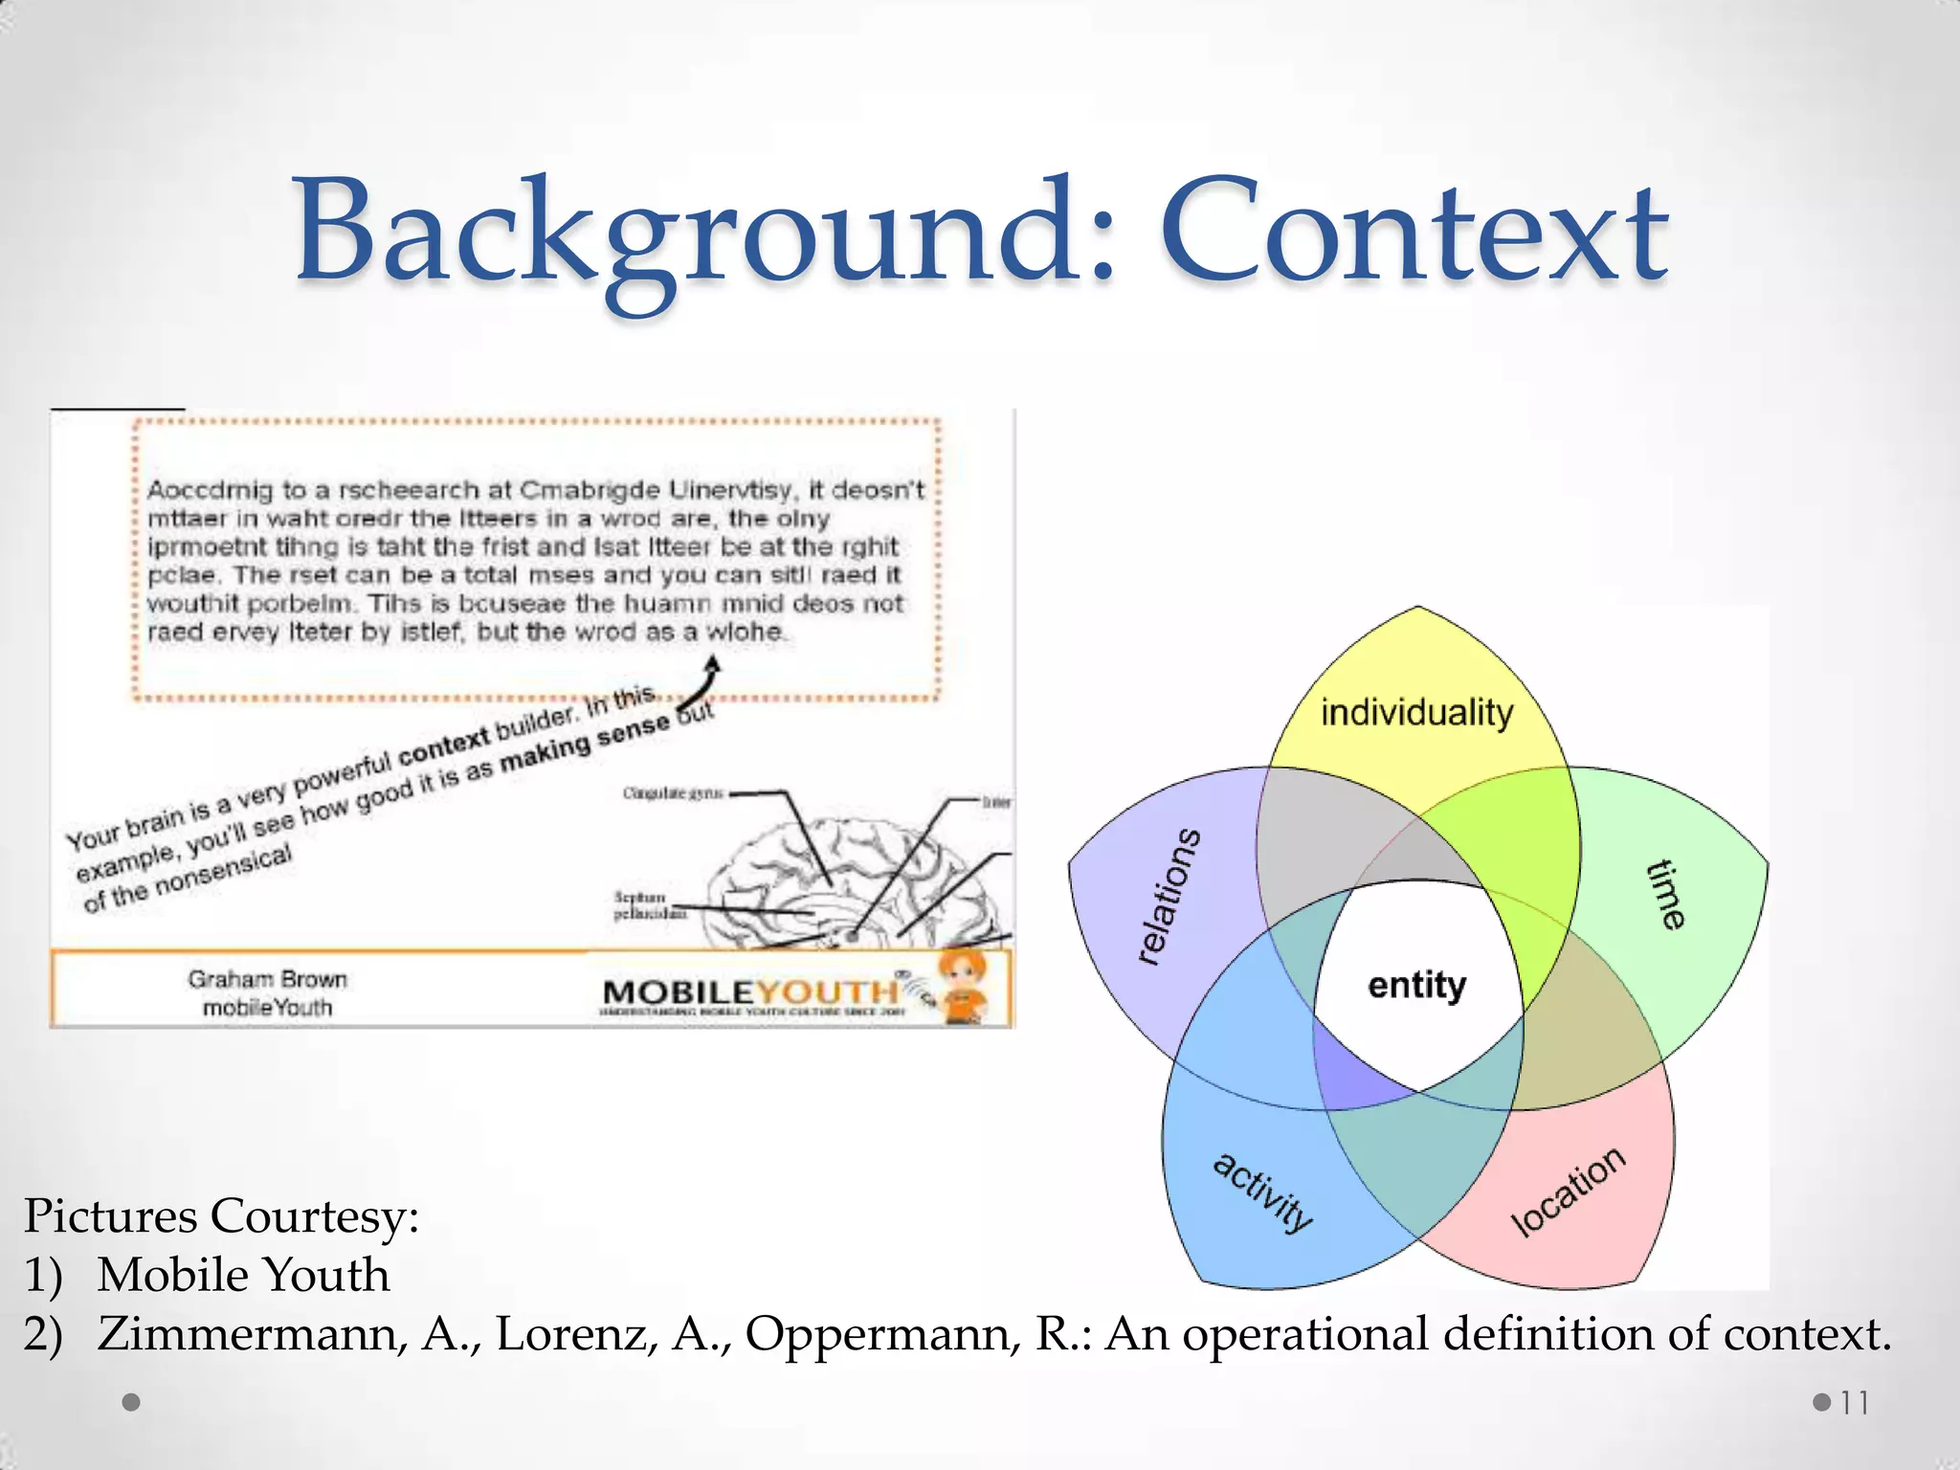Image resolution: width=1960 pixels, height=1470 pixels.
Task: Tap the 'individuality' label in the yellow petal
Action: click(x=1416, y=713)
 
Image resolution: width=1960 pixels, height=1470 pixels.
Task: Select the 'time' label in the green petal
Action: click(x=1666, y=894)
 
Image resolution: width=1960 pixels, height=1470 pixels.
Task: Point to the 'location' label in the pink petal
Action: click(x=1567, y=1191)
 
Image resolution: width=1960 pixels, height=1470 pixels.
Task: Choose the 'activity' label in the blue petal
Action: click(x=1262, y=1192)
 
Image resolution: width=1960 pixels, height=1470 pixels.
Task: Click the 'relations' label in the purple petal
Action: click(x=1169, y=896)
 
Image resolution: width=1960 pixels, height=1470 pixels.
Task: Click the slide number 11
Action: click(x=1854, y=1403)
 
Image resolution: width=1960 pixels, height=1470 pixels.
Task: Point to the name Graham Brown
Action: click(x=267, y=979)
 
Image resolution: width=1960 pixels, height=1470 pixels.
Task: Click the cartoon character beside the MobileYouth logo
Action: click(x=965, y=986)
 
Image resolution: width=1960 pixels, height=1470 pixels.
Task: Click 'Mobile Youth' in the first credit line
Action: click(x=243, y=1275)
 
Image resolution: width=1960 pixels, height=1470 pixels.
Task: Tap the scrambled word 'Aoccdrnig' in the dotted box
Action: click(x=210, y=491)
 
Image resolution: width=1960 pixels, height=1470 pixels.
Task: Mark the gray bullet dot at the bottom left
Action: click(x=132, y=1402)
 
